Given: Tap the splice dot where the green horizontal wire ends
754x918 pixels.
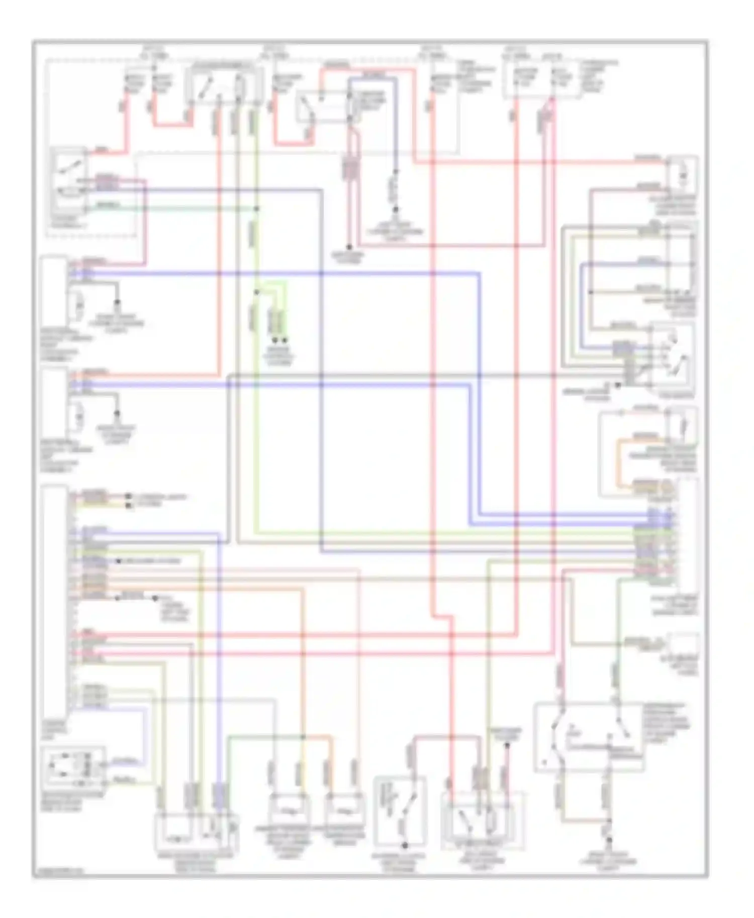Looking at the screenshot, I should pos(256,208).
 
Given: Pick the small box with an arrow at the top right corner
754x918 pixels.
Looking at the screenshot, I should pos(682,174).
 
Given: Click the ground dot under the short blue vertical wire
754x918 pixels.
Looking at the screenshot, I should pos(395,209).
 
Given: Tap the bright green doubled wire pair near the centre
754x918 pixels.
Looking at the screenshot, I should pos(277,321).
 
